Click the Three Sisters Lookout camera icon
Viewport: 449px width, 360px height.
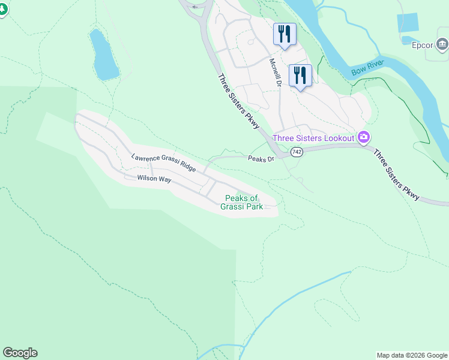(x=363, y=138)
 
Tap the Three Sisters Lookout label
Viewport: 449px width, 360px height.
(x=313, y=138)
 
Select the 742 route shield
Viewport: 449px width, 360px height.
(x=297, y=152)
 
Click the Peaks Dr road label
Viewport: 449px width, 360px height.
(x=261, y=159)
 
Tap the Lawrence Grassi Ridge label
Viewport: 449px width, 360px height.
(x=163, y=163)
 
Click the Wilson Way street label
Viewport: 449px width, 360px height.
(x=154, y=179)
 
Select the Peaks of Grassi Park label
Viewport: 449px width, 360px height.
(x=242, y=202)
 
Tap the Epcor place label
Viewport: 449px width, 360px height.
(x=423, y=44)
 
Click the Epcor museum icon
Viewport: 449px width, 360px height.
(x=442, y=43)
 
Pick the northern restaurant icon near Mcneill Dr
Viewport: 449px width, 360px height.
(x=284, y=34)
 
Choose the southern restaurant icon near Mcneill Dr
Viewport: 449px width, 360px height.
(x=300, y=75)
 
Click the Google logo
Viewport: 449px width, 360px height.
(x=20, y=353)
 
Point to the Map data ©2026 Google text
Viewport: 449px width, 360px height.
(x=412, y=355)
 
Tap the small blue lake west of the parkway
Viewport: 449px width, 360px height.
(x=103, y=55)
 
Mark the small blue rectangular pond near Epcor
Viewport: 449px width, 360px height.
(x=408, y=23)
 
